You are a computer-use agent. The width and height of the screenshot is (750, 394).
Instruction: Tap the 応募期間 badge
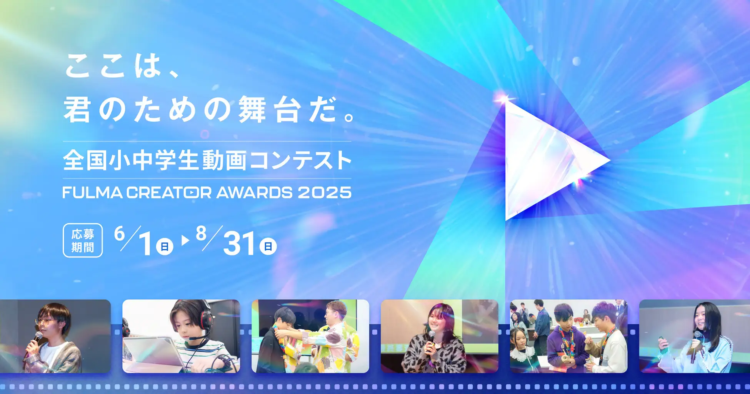point(83,240)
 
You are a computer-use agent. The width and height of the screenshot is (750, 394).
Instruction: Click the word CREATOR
point(169,193)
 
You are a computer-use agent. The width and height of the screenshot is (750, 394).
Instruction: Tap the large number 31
point(239,244)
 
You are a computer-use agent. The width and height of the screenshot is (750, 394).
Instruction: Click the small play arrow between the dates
point(186,240)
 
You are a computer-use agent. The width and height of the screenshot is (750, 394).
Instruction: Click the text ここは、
point(122,65)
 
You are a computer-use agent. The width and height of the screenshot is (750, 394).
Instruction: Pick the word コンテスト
point(300,160)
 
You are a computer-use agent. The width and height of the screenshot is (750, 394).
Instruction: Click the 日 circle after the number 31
point(268,246)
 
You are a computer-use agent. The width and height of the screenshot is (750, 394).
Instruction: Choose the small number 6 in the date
point(120,234)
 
